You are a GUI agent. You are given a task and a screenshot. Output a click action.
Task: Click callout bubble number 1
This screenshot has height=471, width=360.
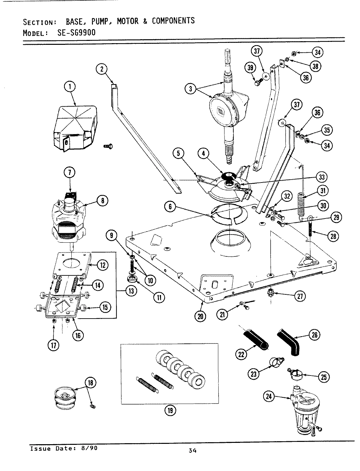[x=70, y=87]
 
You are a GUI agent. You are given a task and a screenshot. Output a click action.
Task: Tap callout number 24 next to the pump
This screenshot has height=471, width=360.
[x=269, y=396]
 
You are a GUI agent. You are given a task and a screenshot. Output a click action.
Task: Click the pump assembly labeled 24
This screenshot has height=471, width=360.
[x=305, y=414]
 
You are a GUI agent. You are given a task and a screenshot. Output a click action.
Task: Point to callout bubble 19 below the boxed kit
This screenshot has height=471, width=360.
[x=170, y=410]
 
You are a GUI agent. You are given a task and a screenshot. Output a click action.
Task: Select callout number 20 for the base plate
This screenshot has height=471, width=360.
[x=201, y=316]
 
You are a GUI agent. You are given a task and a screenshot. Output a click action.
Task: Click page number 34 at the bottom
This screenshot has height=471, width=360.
[x=192, y=451]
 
